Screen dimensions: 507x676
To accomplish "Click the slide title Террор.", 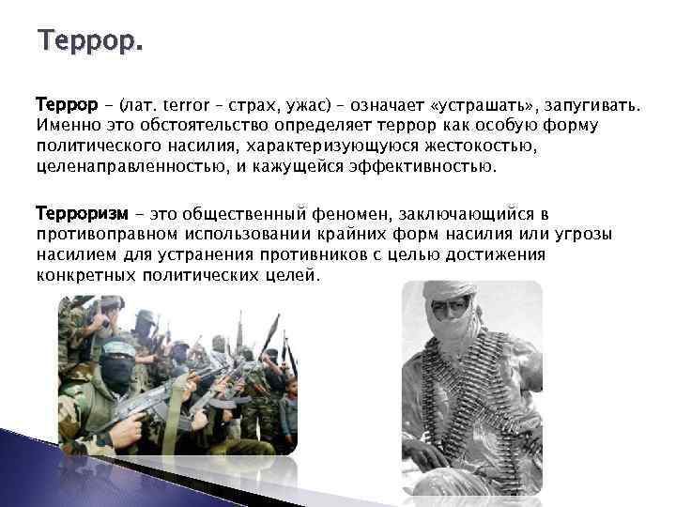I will [90, 42].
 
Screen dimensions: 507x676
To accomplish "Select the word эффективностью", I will [423, 167].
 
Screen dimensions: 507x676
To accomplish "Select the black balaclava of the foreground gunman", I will [115, 373].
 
